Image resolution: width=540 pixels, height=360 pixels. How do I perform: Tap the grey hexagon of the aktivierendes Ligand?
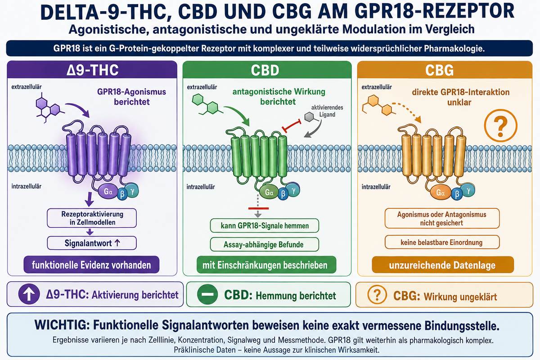pos(309,117)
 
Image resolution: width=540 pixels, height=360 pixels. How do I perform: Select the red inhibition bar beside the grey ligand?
pos(292,126)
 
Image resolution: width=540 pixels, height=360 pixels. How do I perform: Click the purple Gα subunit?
pos(108,191)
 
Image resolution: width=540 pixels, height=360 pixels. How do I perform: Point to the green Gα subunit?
pos(269,192)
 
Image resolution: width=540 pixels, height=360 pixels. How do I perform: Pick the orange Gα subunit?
pos(440,193)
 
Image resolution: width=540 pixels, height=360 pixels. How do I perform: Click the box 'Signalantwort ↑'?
pos(92,243)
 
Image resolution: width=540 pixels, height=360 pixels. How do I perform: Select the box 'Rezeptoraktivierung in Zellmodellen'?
pos(92,218)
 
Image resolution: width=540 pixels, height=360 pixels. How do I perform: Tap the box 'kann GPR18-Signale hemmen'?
pos(265,225)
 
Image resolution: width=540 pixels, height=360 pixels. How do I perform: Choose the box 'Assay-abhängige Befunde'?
pos(265,244)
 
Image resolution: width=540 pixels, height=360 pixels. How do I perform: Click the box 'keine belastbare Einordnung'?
pos(442,242)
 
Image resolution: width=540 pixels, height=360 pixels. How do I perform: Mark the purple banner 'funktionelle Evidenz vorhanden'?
pos(91,265)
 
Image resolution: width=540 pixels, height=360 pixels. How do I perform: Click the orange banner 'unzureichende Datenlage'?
pos(443,265)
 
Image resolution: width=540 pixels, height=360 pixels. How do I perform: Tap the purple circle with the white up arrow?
pos(29,294)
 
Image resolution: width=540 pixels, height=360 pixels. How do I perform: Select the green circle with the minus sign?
pos(207,294)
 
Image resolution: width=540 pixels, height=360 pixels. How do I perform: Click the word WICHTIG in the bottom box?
pos(62,325)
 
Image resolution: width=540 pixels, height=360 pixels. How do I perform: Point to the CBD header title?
pos(265,70)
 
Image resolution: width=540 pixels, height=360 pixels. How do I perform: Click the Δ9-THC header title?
pos(93,70)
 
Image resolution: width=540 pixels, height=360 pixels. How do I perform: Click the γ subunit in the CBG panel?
pos(468,190)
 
